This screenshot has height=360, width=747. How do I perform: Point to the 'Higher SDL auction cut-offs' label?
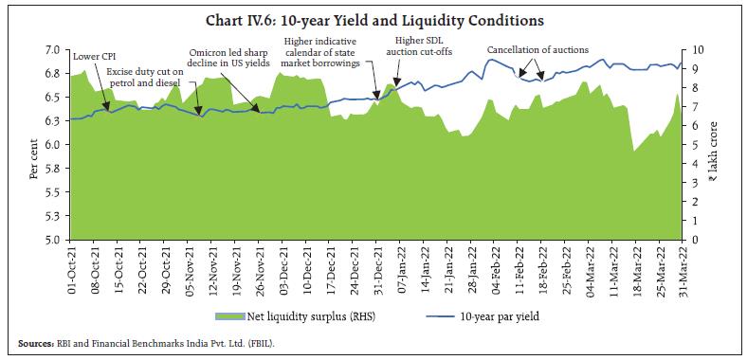click(423, 45)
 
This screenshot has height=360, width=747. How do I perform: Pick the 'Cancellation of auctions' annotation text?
click(537, 49)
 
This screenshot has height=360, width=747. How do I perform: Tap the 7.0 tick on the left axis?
click(52, 49)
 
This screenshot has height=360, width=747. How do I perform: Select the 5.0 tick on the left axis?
click(52, 241)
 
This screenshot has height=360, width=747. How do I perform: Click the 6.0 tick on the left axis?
click(52, 145)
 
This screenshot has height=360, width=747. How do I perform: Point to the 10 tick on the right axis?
click(698, 49)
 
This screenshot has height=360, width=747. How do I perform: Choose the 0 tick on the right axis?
click(695, 241)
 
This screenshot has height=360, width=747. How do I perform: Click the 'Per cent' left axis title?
click(34, 156)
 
